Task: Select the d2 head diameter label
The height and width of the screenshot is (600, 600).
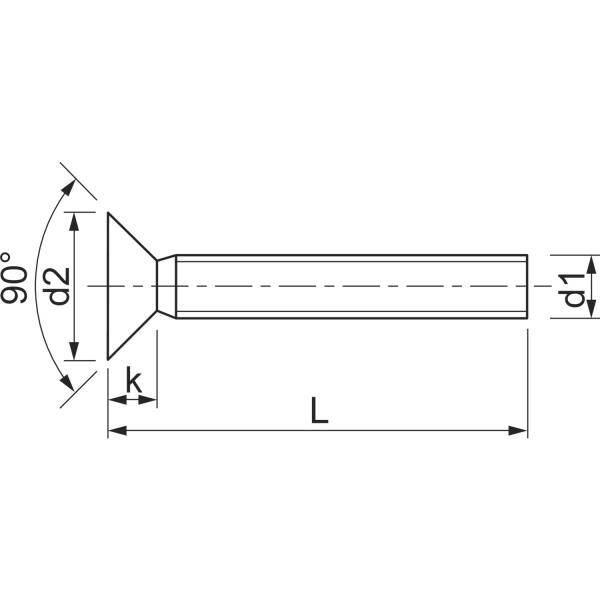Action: click(x=57, y=286)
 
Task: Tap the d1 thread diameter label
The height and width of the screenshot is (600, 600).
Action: click(x=572, y=290)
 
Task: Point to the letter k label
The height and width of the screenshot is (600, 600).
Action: click(x=134, y=380)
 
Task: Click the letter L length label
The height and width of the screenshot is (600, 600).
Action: click(x=319, y=410)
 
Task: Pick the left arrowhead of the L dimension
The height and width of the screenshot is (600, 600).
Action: click(x=117, y=430)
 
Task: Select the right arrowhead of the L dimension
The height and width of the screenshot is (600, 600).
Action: click(x=518, y=430)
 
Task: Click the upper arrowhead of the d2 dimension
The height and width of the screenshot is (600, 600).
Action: click(x=74, y=221)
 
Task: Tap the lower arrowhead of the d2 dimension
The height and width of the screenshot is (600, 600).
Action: click(x=74, y=351)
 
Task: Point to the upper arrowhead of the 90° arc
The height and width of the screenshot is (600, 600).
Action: click(x=69, y=188)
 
